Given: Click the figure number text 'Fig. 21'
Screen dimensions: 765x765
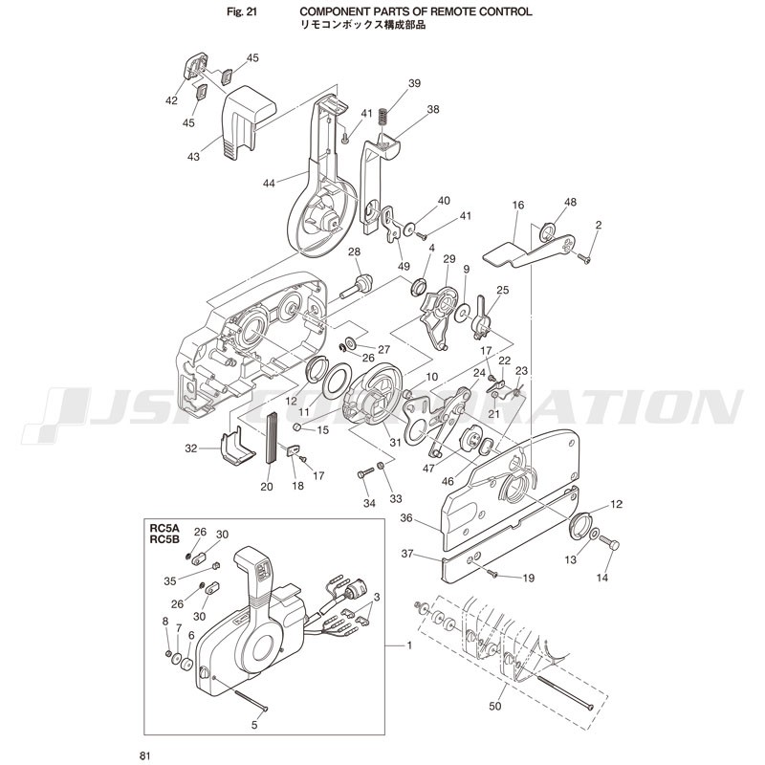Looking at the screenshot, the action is coord(242,11).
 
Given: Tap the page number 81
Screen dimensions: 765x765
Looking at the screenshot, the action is coord(144,755).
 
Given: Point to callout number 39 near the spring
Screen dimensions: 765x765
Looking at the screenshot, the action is coord(414,83).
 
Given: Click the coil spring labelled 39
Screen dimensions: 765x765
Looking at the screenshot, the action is coord(383,119).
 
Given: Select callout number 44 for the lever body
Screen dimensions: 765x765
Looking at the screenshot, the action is coord(269,184).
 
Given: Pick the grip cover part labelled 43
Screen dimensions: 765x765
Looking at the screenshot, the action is coord(248,122).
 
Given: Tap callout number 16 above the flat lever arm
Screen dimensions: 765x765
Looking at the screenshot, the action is coord(518,205).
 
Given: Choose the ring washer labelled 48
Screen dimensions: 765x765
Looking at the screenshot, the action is coord(547,232).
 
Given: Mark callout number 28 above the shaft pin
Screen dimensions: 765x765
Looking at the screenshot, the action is coord(354,252).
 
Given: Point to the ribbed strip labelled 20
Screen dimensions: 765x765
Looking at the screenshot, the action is coord(271,437).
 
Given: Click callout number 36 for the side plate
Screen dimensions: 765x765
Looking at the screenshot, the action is coord(406,518).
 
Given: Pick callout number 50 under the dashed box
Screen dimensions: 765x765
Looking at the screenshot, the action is coord(494,706).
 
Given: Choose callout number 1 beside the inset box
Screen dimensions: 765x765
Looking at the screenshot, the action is coord(409,645).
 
